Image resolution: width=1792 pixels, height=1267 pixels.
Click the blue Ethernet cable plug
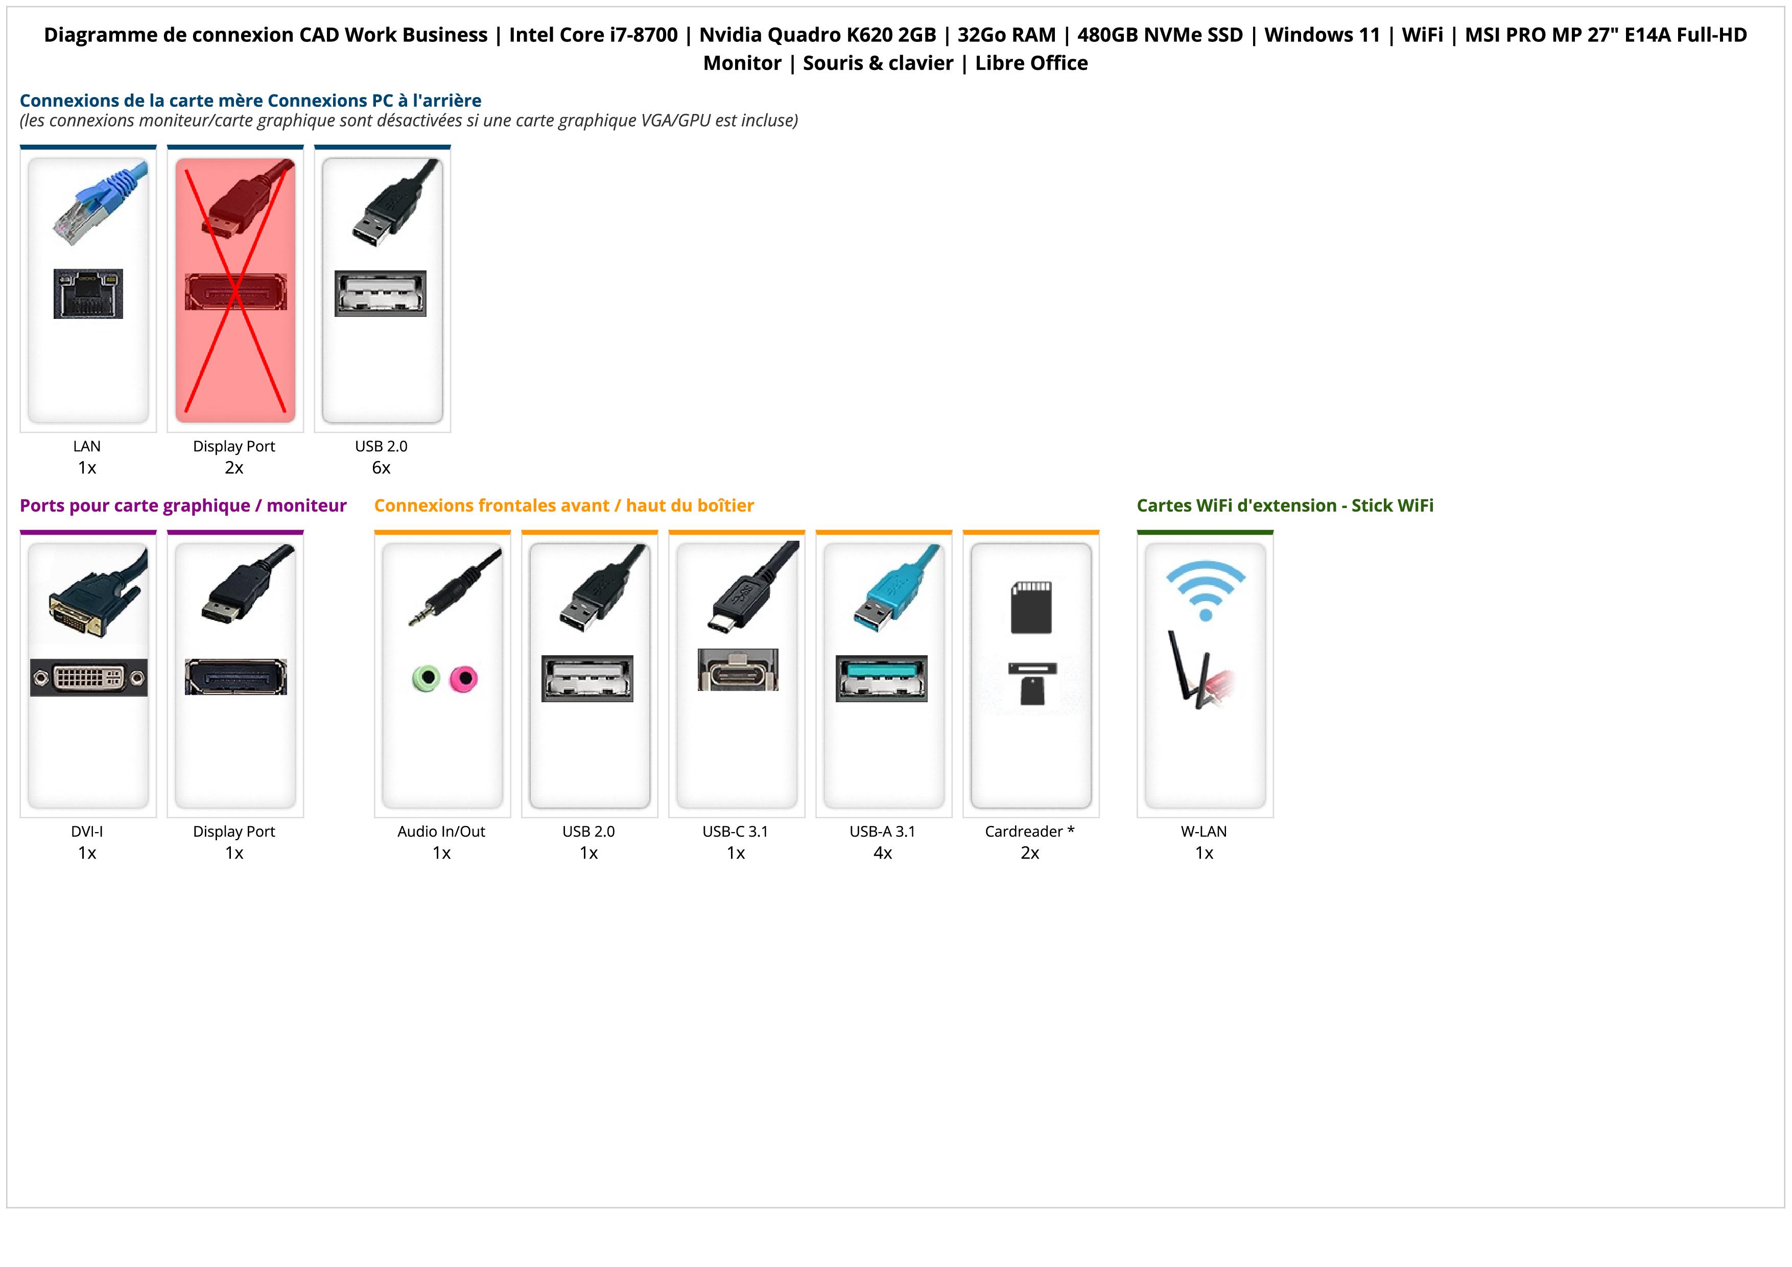tap(100, 201)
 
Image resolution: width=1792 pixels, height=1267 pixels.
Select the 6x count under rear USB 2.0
tap(381, 468)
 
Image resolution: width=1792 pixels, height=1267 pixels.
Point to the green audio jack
tap(426, 678)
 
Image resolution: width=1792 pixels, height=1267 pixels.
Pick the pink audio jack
tap(464, 678)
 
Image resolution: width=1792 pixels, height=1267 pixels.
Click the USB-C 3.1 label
tap(735, 832)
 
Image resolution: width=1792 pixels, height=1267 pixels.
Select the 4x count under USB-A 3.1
tap(883, 853)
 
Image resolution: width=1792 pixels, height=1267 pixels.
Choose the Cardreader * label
tap(1029, 832)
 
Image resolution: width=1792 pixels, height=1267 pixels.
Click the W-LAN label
tap(1204, 832)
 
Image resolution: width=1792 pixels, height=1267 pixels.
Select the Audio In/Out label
tap(441, 832)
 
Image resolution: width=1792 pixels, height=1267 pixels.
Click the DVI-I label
tap(87, 832)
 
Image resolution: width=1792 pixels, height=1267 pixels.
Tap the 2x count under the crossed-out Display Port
tap(234, 468)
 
